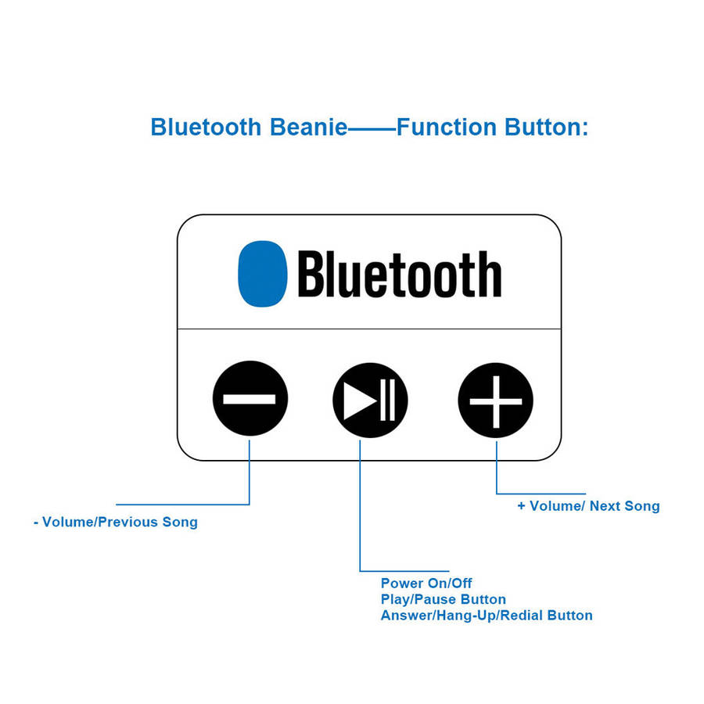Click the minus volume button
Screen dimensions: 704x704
tap(250, 399)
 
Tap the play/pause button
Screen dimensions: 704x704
tap(370, 399)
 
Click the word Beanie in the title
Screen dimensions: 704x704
tap(308, 127)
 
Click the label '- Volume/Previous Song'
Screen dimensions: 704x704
tap(116, 522)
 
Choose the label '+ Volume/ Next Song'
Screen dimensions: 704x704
tap(588, 506)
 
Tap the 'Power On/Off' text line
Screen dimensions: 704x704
tap(426, 583)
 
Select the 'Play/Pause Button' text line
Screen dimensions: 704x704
tap(443, 599)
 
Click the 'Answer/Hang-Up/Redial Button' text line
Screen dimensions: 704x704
tap(487, 616)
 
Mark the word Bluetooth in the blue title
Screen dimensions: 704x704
tap(207, 127)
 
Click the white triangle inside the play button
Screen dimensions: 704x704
tap(359, 399)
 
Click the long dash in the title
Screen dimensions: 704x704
tap(372, 128)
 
